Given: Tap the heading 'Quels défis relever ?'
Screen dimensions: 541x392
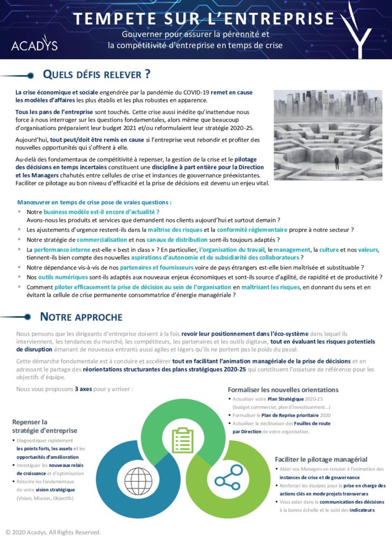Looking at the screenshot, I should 96,74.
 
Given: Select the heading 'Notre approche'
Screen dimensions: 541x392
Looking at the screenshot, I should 81,317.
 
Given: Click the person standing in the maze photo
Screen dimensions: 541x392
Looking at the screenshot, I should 337,161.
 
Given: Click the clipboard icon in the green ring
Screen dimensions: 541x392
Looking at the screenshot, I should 183,440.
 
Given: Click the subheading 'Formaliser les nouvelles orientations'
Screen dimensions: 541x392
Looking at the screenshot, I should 283,390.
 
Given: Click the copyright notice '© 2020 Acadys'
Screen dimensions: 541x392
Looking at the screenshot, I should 53,532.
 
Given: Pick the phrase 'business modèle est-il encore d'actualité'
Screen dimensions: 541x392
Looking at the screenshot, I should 94,211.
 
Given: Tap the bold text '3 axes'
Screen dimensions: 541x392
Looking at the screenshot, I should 83,389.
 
